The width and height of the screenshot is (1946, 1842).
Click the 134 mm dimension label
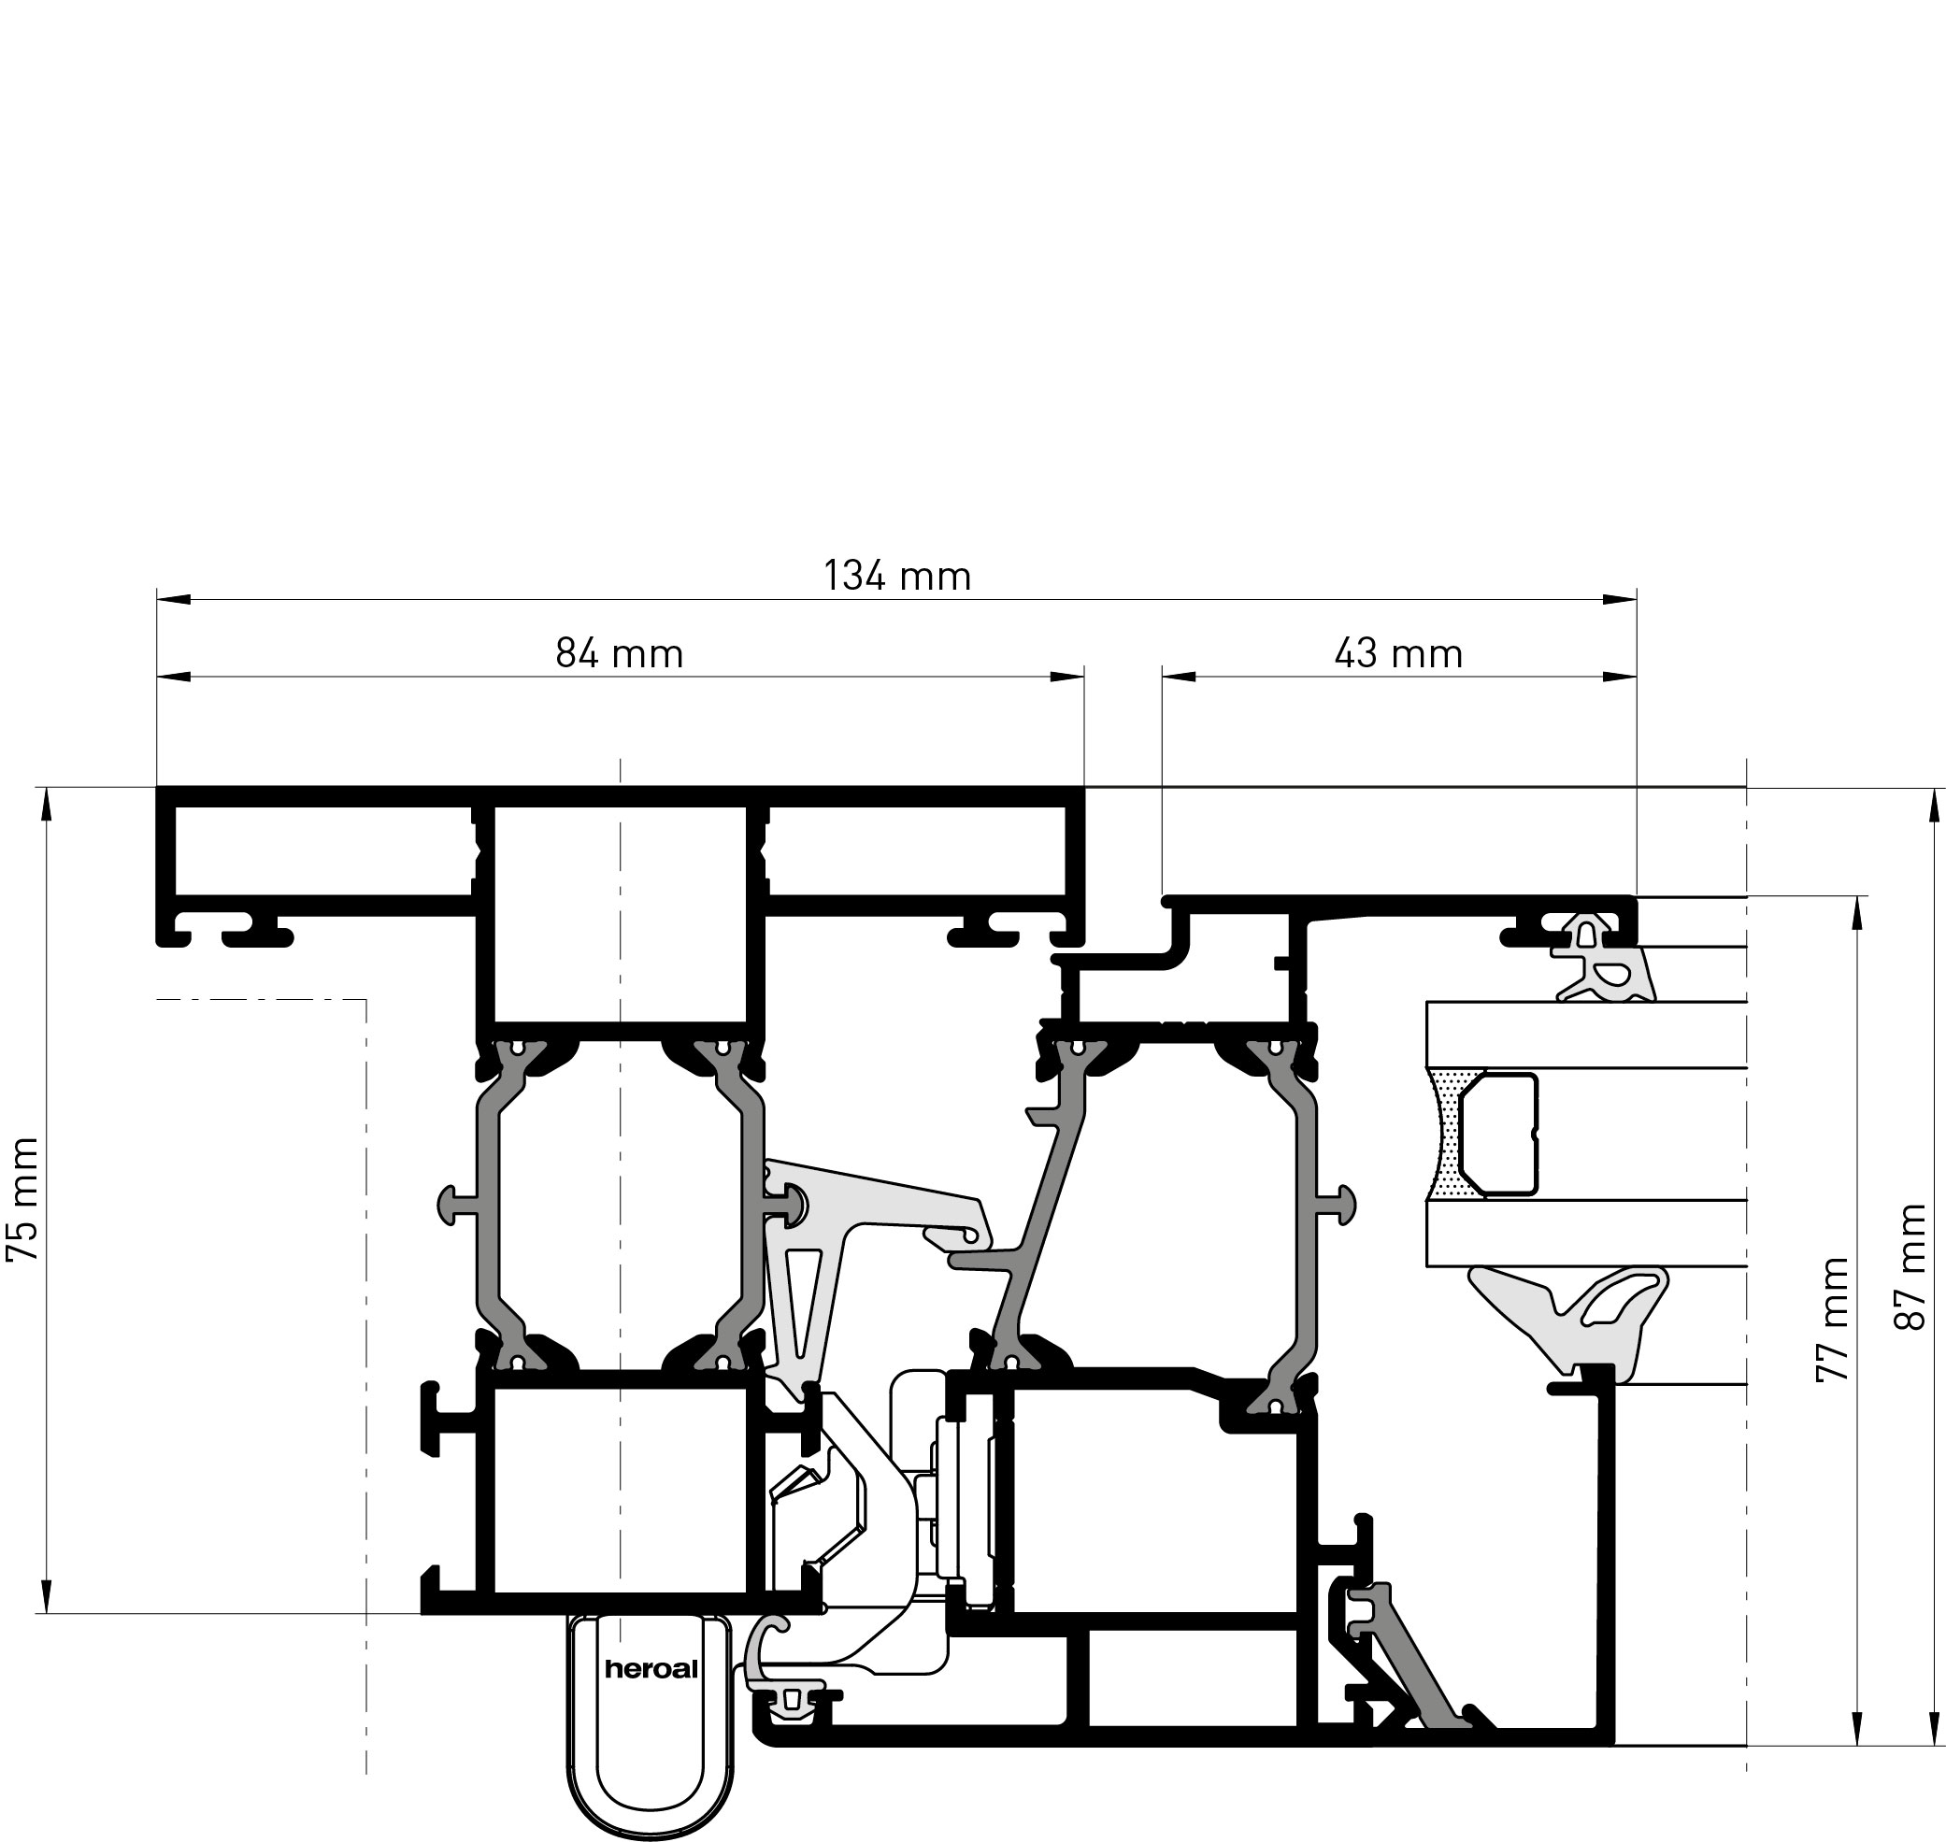coord(896,576)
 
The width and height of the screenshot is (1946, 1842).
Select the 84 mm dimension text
coord(619,653)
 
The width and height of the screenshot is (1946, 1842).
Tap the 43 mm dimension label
coord(1398,653)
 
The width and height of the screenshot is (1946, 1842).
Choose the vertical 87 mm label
coord(1910,1267)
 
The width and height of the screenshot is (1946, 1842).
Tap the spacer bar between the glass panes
coord(1497,1134)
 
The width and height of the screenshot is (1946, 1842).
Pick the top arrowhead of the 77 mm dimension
coord(1855,914)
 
